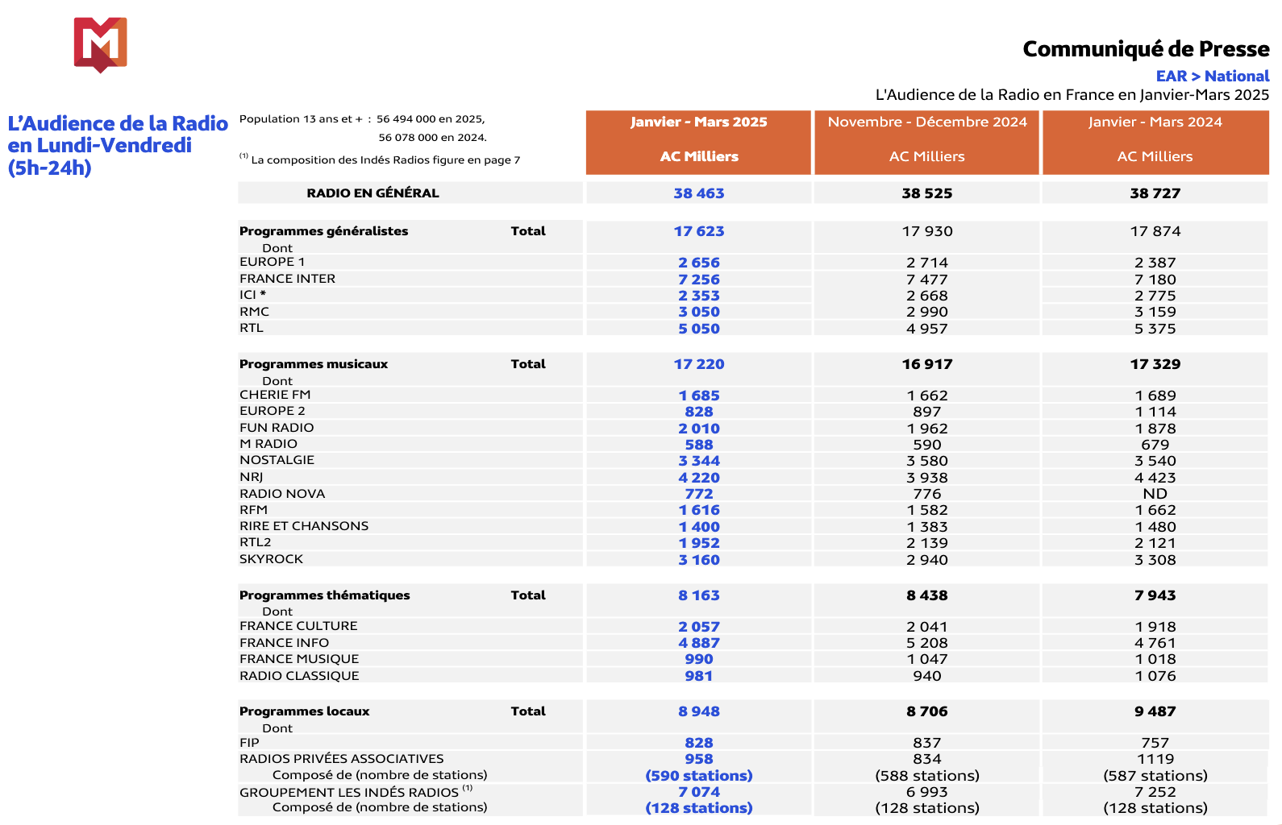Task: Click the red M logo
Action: click(100, 44)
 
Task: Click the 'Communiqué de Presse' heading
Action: click(1145, 49)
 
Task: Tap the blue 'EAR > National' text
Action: click(1212, 77)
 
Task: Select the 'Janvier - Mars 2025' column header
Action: click(698, 122)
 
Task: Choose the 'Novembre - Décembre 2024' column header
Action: click(926, 122)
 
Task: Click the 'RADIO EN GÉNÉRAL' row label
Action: click(373, 193)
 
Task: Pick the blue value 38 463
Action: click(698, 193)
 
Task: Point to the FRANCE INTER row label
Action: click(287, 279)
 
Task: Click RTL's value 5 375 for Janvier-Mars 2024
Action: click(1155, 329)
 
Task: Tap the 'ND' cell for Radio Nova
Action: click(1155, 494)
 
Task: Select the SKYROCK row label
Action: click(271, 559)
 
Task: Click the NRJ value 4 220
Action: click(698, 478)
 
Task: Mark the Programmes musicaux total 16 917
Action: click(926, 364)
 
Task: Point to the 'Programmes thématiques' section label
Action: click(324, 595)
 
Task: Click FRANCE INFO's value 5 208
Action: click(926, 643)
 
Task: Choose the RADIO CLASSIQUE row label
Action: click(299, 676)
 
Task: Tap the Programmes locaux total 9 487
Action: click(1155, 711)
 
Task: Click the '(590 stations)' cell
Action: click(698, 776)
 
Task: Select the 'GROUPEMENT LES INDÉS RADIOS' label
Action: click(349, 793)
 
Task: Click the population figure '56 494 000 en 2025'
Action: click(430, 119)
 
